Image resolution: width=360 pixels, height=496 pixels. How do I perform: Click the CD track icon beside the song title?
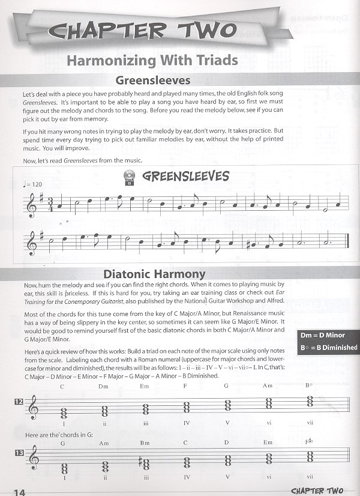click(128, 177)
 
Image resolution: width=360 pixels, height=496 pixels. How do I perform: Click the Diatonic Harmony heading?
click(154, 274)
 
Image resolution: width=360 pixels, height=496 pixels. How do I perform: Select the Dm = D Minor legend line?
click(328, 335)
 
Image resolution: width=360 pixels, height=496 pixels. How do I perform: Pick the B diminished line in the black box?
click(328, 347)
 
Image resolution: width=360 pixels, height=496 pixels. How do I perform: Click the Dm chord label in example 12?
click(103, 386)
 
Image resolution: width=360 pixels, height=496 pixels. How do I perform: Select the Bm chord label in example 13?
click(145, 446)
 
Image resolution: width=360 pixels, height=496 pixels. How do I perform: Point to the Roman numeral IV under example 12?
click(187, 423)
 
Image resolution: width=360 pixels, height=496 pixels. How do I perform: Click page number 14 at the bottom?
click(17, 492)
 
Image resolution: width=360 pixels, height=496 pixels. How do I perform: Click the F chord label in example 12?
click(186, 386)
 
